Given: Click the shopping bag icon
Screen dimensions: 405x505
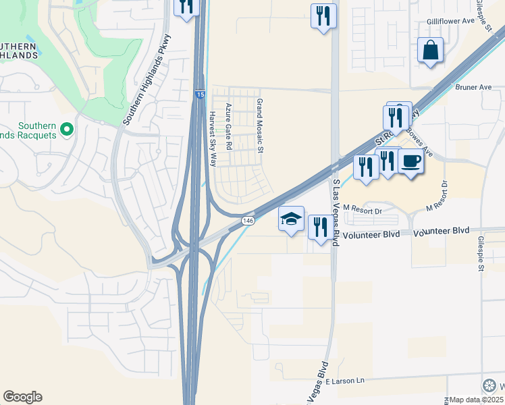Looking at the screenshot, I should pos(430,51).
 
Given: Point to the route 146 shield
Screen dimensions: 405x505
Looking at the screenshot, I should pos(248,221).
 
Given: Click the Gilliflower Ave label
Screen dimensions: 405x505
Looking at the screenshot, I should pos(453,22).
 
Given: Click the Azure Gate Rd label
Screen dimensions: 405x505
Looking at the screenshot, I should pos(229,126).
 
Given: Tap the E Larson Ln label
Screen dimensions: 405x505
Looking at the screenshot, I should pos(344,381).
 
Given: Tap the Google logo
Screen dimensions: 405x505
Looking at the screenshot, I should pos(22,397).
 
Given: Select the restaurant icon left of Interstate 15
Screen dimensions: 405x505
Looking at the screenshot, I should pos(185,7).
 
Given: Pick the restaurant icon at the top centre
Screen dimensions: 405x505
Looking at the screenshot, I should pos(323,16).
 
